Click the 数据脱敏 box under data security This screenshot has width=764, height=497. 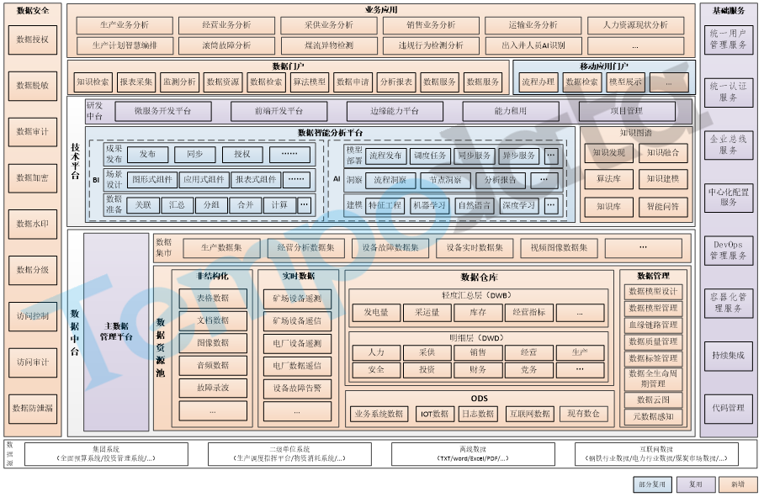point(33,86)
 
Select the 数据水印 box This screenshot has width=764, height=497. point(33,224)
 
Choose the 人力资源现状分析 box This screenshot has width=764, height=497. point(635,25)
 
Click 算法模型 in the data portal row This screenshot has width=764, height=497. point(309,82)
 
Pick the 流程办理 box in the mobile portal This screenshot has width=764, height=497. point(538,82)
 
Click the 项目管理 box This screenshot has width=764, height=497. point(626,110)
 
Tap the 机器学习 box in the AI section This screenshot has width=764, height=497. point(429,205)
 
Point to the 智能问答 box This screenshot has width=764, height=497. point(662,205)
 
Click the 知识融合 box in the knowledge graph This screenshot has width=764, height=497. point(662,153)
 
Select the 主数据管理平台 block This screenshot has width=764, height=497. point(117,331)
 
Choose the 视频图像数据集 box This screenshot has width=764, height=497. point(558,247)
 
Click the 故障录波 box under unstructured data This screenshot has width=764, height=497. point(213,388)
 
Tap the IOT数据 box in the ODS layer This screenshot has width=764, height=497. point(434,413)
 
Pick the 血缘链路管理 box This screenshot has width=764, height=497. point(652,325)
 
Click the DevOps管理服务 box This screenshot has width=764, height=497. point(728,251)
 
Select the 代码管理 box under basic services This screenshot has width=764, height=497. point(728,408)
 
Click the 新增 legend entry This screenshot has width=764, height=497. point(737,484)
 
